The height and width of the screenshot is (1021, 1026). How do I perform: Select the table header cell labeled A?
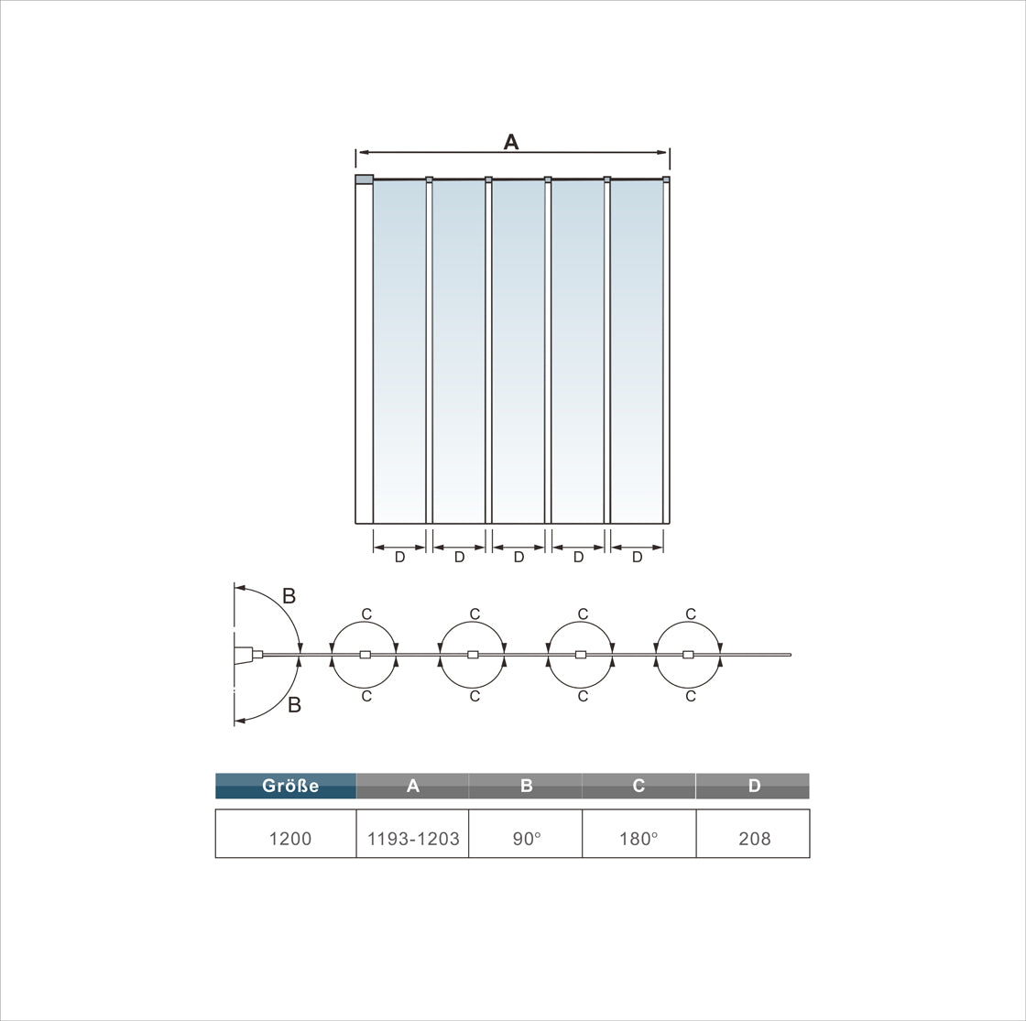pyautogui.click(x=412, y=786)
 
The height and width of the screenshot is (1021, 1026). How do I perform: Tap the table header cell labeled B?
pyautogui.click(x=526, y=786)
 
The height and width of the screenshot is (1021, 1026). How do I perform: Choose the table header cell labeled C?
pyautogui.click(x=639, y=786)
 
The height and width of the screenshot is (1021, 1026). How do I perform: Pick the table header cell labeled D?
pyautogui.click(x=753, y=786)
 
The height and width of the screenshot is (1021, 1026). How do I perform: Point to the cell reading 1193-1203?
pyautogui.click(x=413, y=838)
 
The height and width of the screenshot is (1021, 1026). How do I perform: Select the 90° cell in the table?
pyautogui.click(x=526, y=838)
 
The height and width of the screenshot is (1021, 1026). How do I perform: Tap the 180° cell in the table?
pyautogui.click(x=639, y=838)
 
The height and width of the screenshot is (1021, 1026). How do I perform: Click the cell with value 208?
pyautogui.click(x=754, y=838)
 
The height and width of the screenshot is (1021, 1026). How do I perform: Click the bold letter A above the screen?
pyautogui.click(x=511, y=141)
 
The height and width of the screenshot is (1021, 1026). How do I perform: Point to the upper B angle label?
pyautogui.click(x=289, y=596)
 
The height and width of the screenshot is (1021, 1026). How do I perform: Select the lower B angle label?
pyautogui.click(x=294, y=705)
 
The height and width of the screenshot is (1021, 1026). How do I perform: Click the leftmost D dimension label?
pyautogui.click(x=399, y=557)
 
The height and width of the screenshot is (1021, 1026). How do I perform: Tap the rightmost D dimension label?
pyautogui.click(x=638, y=557)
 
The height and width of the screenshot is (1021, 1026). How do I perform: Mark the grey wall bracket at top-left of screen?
pyautogui.click(x=364, y=179)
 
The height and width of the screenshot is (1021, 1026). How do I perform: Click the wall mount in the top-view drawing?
pyautogui.click(x=244, y=655)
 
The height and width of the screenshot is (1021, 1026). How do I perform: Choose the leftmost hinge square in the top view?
pyautogui.click(x=365, y=655)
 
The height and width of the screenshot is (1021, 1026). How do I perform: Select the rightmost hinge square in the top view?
pyautogui.click(x=688, y=655)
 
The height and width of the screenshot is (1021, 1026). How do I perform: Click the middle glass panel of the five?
pyautogui.click(x=518, y=348)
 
